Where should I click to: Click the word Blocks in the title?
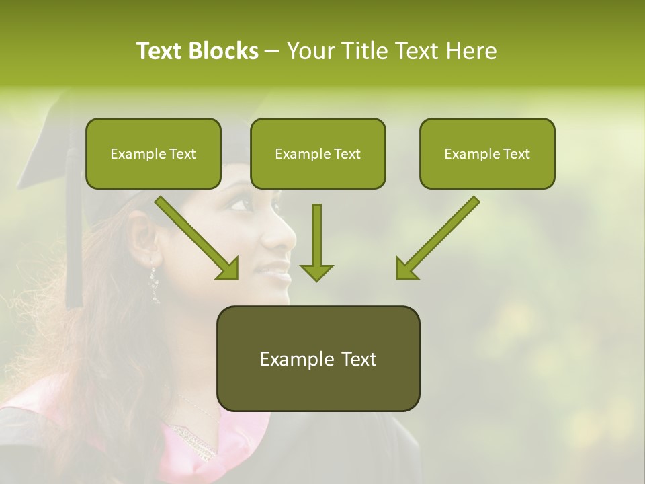[224, 51]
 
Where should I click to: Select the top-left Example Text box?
[153, 153]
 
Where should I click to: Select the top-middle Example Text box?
[318, 153]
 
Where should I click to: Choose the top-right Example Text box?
[487, 153]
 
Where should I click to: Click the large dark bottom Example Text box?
[318, 358]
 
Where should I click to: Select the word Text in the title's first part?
[159, 51]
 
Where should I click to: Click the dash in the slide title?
[272, 52]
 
